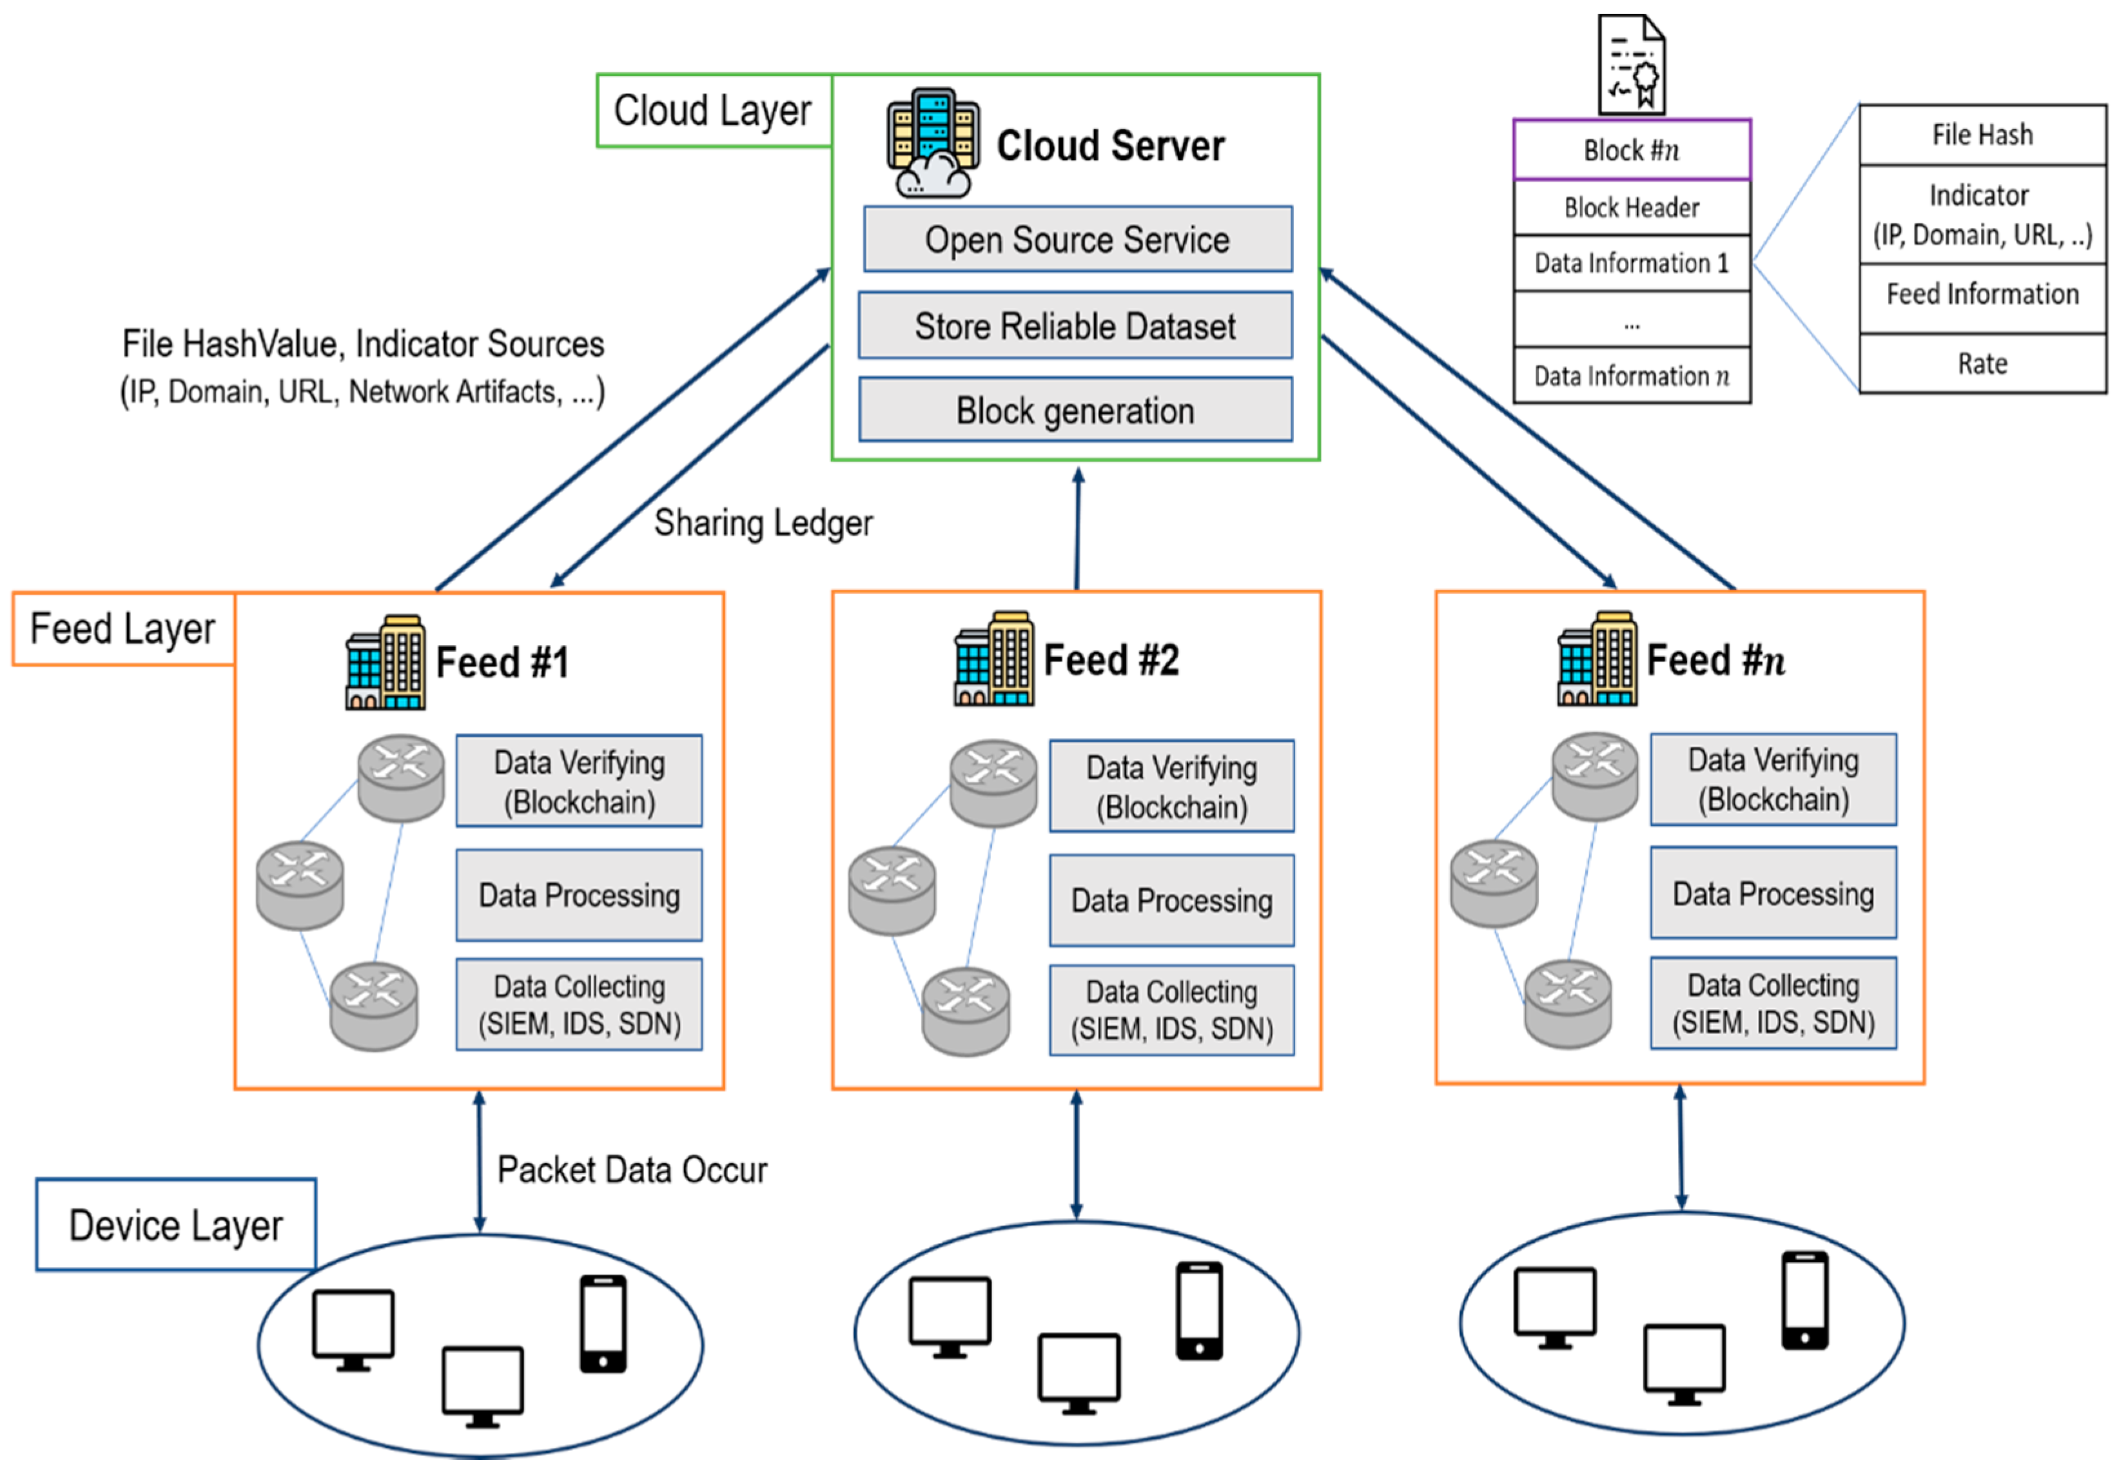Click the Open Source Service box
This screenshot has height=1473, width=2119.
coord(1077,239)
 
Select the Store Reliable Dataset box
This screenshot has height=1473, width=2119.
coord(1075,326)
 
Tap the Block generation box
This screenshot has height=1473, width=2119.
coord(1075,410)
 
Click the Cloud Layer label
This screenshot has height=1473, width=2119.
coord(712,111)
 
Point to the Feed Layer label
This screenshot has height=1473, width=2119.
coord(122,629)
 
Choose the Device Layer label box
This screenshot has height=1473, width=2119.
coord(175,1225)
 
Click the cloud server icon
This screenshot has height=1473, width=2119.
coord(933,143)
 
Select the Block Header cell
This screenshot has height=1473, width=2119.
coord(1632,208)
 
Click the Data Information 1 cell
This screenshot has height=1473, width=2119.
coord(1632,264)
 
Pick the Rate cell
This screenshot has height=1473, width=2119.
coord(1982,364)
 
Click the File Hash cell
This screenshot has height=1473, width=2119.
coord(1982,135)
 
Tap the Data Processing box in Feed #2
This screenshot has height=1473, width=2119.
coord(1171,901)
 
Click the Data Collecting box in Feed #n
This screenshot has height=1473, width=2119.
coord(1773,1003)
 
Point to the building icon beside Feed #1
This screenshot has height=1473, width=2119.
coord(386,663)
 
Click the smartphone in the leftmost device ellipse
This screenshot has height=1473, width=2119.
coord(603,1324)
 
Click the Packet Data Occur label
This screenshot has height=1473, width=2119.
coord(632,1170)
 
